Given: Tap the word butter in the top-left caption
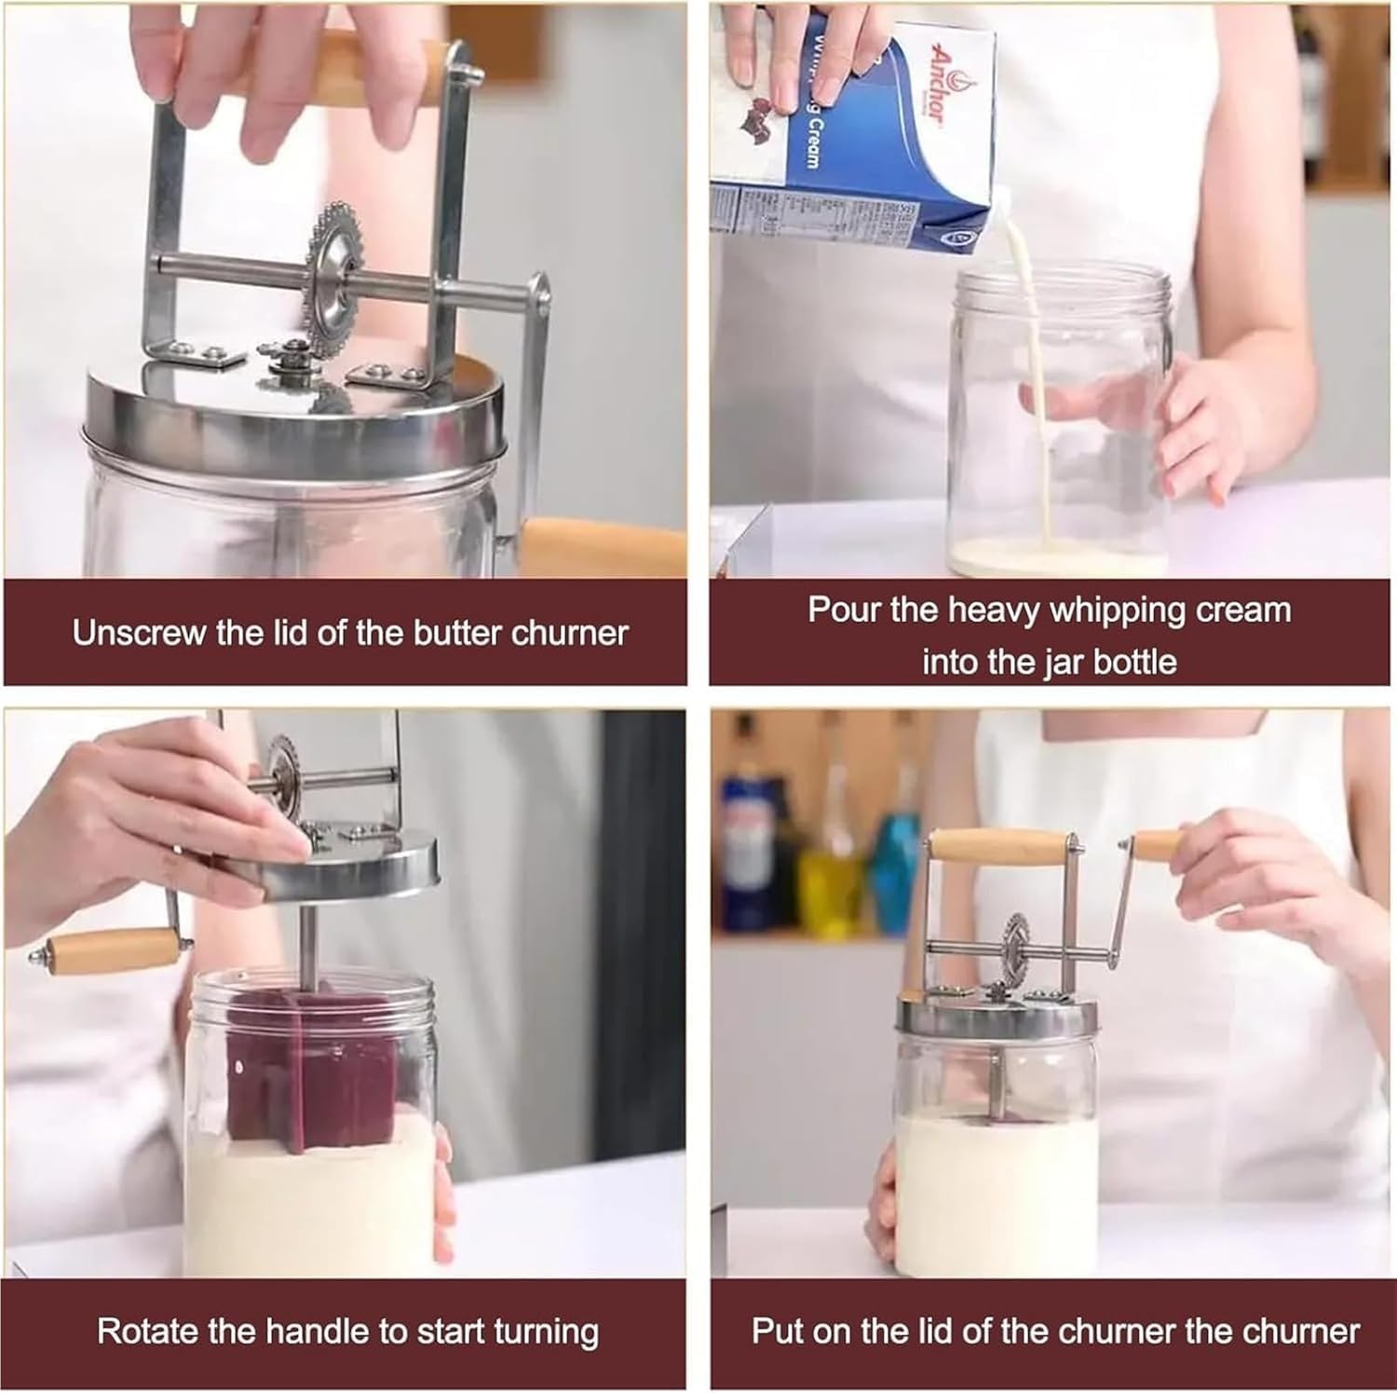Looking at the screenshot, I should point(459,634).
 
